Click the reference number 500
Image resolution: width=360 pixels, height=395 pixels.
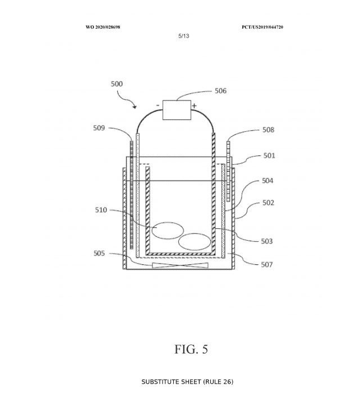pos(117,84)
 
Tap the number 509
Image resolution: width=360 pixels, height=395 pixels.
pos(99,128)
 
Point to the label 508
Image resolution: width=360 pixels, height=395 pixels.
pos(268,130)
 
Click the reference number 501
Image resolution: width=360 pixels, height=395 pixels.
pos(269,155)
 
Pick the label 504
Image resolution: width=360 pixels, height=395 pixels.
pos(268,181)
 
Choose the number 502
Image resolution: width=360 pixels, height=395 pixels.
pos(268,203)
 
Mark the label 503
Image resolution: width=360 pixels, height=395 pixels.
pos(267,241)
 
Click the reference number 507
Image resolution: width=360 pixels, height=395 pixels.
pos(267,264)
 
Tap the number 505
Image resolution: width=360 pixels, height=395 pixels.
pos(99,253)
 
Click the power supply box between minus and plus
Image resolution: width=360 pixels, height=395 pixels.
pos(176,109)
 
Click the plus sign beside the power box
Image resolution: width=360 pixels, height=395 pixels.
pos(194,105)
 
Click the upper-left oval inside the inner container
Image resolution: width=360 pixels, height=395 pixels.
pos(168,230)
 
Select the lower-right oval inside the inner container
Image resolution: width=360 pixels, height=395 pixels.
pos(195,242)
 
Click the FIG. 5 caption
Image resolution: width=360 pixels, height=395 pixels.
pos(191,349)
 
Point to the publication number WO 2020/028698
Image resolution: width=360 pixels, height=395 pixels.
pos(103,27)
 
